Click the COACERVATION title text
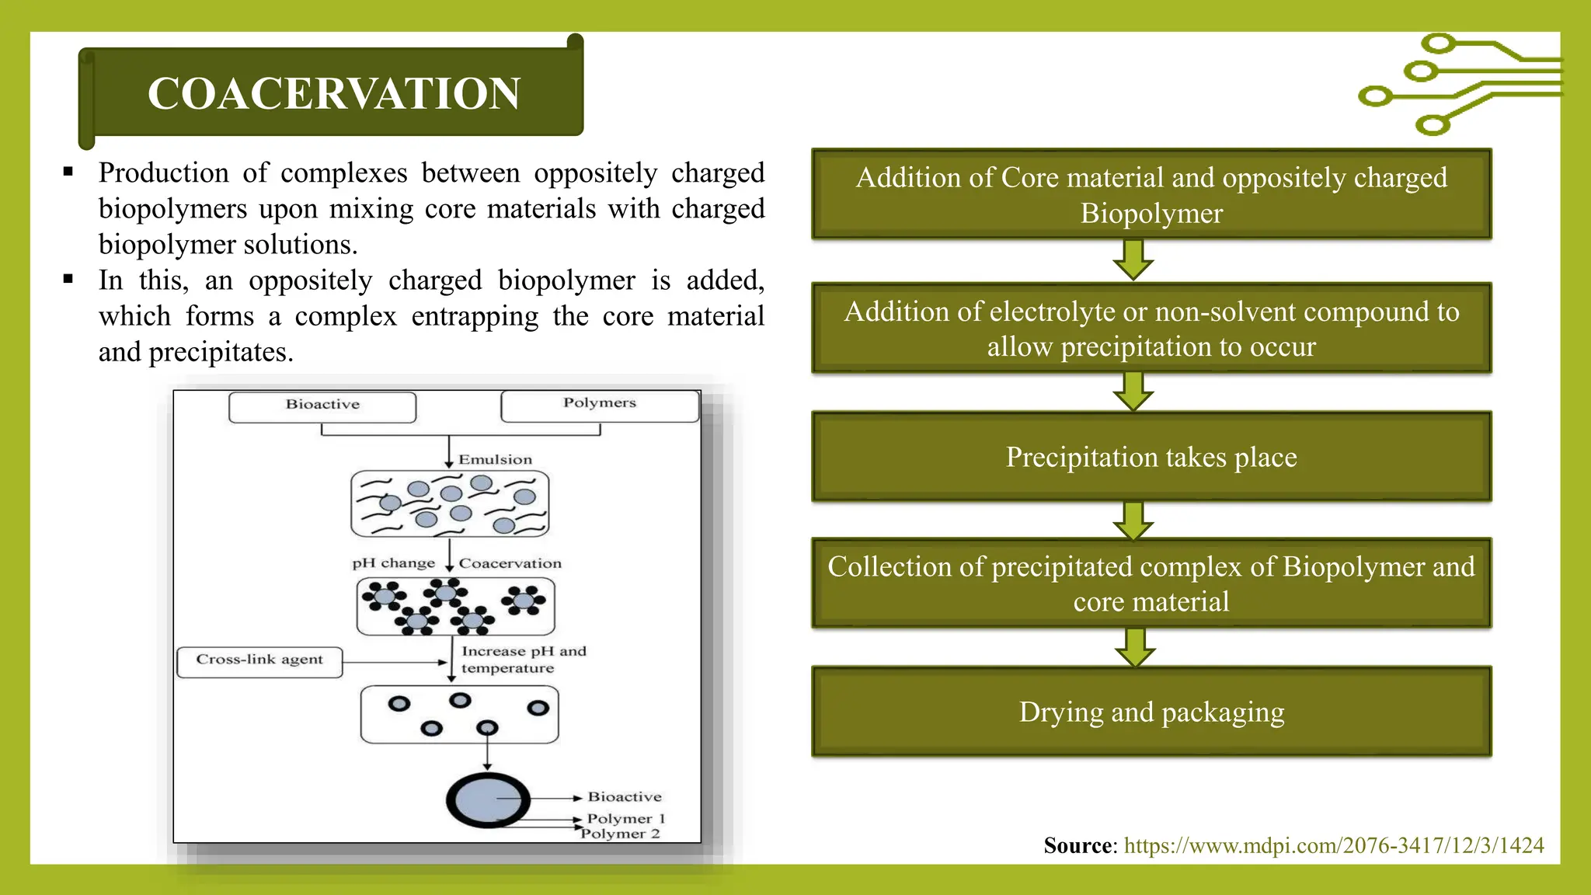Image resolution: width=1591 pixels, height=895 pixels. (334, 93)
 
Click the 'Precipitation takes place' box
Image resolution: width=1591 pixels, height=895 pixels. (1151, 457)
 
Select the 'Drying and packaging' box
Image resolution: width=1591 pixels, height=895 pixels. (1151, 712)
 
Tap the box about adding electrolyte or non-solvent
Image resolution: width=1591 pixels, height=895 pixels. (1151, 329)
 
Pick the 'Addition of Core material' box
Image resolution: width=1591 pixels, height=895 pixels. (1151, 194)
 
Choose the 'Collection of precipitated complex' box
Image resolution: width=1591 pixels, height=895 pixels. (1151, 583)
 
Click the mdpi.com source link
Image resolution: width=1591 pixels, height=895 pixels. (1334, 845)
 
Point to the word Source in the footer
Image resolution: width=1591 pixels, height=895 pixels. (1078, 845)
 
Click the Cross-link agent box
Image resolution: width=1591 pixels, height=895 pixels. (259, 660)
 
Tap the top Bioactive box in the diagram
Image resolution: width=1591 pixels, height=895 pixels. (322, 406)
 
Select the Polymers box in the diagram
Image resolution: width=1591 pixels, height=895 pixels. (600, 404)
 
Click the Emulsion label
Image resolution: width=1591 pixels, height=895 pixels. (495, 460)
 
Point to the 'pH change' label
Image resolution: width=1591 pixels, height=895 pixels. (393, 563)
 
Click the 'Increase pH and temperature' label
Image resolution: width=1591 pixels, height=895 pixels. (523, 660)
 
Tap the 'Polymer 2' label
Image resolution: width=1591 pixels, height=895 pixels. (621, 834)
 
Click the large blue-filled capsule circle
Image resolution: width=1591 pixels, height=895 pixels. (487, 799)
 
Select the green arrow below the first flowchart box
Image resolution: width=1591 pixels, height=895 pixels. (1133, 259)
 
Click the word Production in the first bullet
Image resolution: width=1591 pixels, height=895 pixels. (163, 172)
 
